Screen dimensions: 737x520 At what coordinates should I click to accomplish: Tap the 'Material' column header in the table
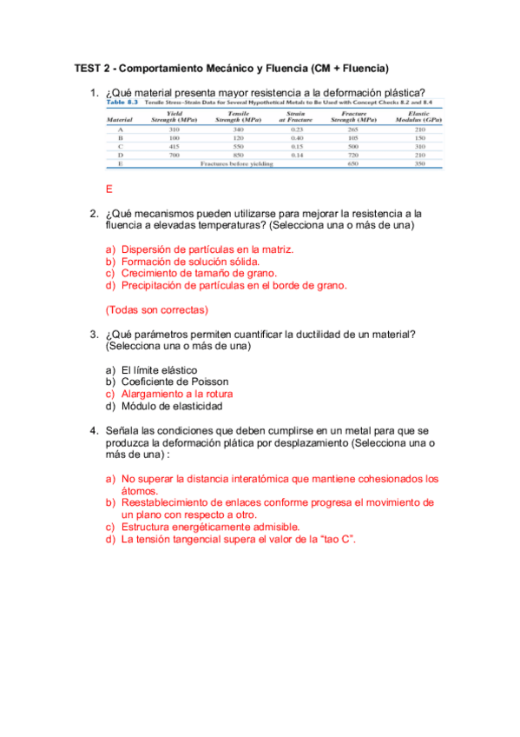[120, 119]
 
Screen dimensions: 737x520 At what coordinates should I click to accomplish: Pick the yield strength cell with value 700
[174, 154]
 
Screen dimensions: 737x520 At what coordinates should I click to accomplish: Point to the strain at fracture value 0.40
[297, 137]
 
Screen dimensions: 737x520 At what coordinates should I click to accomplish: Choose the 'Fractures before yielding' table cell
[236, 163]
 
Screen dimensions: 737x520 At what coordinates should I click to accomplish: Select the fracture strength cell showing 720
[352, 154]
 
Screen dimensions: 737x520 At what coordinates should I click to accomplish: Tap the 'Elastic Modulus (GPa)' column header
[419, 116]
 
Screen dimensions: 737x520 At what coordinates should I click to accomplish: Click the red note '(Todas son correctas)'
[156, 309]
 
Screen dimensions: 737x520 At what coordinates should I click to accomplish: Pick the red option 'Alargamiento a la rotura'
[177, 394]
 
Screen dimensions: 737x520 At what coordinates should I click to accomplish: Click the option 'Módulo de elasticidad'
[172, 406]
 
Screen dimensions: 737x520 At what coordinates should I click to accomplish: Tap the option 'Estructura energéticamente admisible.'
[210, 527]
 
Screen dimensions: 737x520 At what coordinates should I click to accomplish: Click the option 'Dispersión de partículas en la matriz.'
[207, 249]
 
